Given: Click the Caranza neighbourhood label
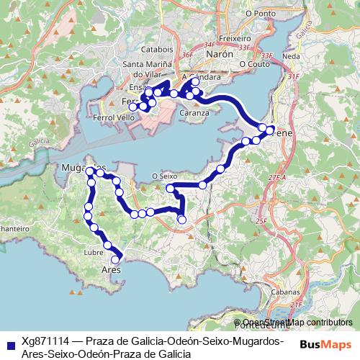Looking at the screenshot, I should (x=194, y=113).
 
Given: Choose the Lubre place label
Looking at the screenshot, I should (x=94, y=253).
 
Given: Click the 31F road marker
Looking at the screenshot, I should (x=292, y=76).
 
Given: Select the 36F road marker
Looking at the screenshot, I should (x=189, y=55).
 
